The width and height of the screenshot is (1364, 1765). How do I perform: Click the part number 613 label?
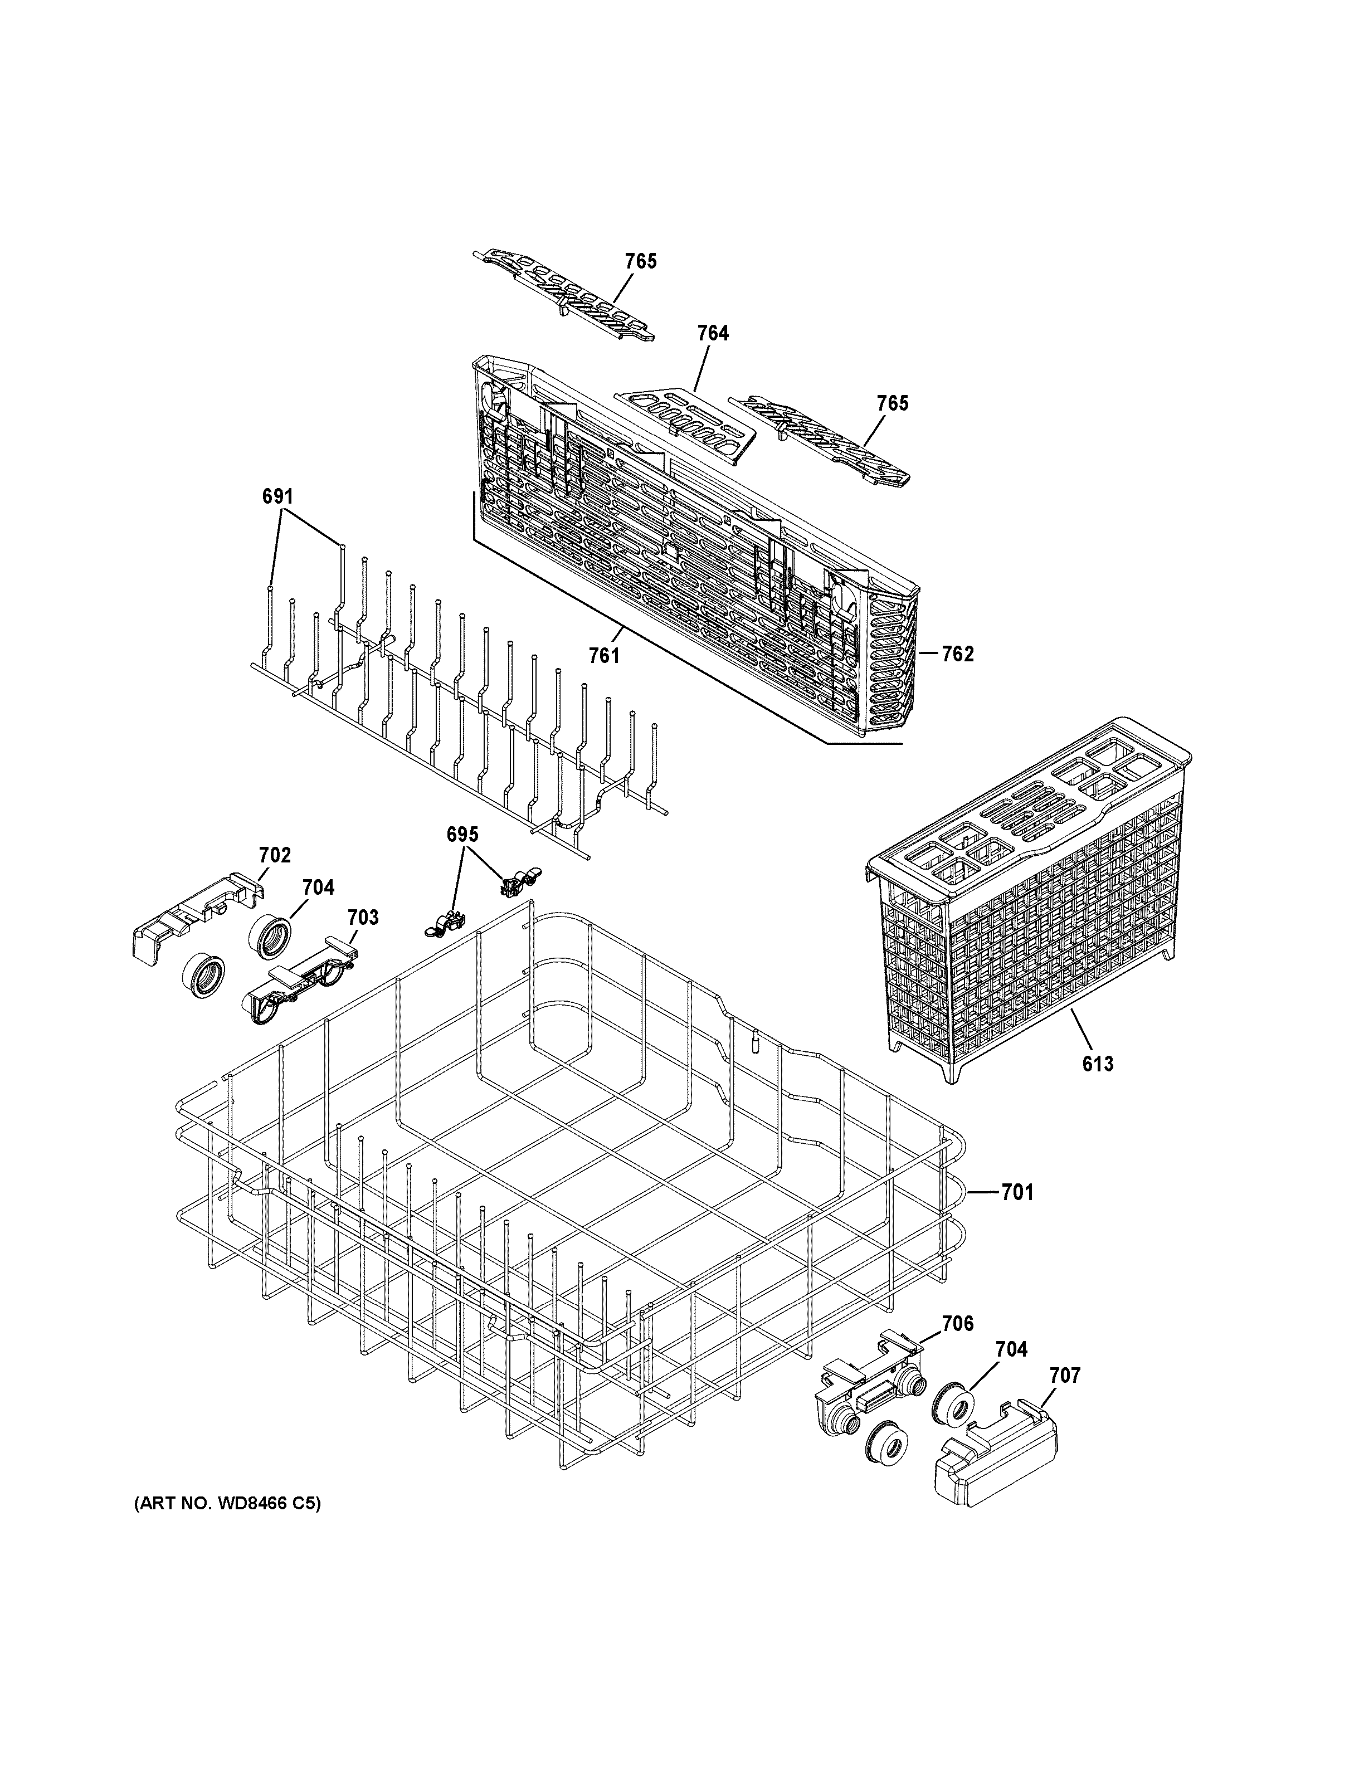[1097, 1064]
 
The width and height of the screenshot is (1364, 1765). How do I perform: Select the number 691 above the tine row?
[277, 496]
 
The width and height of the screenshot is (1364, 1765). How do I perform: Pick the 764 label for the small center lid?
[713, 333]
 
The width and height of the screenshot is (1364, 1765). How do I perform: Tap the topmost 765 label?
[640, 261]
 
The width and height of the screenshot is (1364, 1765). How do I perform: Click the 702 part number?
[275, 855]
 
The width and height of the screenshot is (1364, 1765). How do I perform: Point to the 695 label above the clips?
[462, 834]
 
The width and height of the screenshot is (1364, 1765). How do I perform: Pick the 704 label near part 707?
[1011, 1349]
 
